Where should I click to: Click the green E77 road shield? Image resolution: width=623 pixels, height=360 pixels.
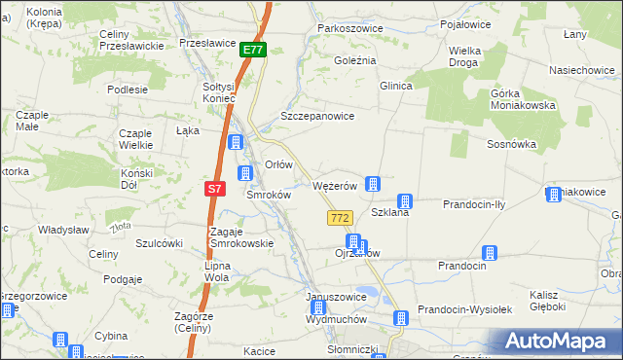tap(253, 50)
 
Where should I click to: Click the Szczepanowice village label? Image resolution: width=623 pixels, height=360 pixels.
tap(316, 115)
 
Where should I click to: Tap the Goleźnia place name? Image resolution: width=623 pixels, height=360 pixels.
tap(355, 59)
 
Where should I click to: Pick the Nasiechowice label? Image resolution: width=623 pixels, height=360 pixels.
tap(580, 71)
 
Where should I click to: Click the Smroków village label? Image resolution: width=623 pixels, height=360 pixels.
tap(269, 195)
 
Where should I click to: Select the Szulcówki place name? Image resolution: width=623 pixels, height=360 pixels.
tap(160, 243)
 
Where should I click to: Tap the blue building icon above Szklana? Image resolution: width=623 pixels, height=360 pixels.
tap(405, 201)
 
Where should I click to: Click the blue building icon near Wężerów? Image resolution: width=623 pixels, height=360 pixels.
tap(372, 183)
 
